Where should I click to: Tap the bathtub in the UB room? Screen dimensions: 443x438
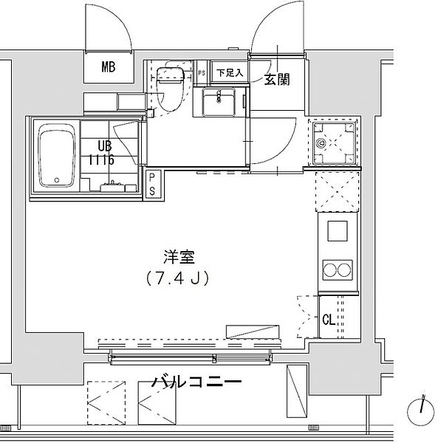point(56,157)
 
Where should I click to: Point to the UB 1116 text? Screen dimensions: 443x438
point(101,152)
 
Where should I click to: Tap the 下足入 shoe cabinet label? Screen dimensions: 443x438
point(229,73)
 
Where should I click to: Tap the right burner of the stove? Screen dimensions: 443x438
point(345,270)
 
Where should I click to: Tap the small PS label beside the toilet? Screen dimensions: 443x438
point(202,72)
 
